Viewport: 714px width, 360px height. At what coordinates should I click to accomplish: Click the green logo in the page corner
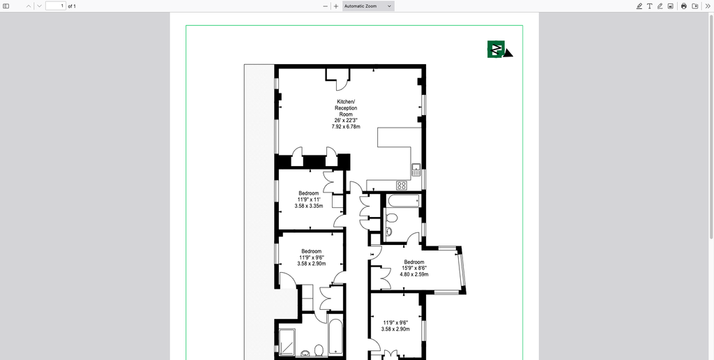click(497, 49)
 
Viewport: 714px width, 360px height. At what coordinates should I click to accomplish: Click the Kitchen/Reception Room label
click(346, 108)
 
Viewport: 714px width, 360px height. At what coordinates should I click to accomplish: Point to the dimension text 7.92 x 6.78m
click(346, 127)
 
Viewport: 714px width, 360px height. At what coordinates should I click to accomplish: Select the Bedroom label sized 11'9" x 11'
click(309, 193)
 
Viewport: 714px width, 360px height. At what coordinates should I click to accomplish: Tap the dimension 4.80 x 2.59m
click(413, 274)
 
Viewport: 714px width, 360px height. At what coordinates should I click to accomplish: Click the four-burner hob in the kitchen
click(402, 185)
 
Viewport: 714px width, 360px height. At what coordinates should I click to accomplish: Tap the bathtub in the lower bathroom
click(335, 338)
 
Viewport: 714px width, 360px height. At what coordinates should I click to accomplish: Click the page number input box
click(55, 6)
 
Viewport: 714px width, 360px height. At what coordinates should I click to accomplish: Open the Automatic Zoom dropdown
click(368, 6)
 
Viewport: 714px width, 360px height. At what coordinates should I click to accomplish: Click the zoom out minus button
click(325, 6)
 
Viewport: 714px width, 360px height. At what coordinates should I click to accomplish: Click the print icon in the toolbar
click(683, 6)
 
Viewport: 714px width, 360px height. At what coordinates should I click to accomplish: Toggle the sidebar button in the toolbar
click(6, 6)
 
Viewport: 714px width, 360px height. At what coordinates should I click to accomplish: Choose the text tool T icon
click(649, 6)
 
